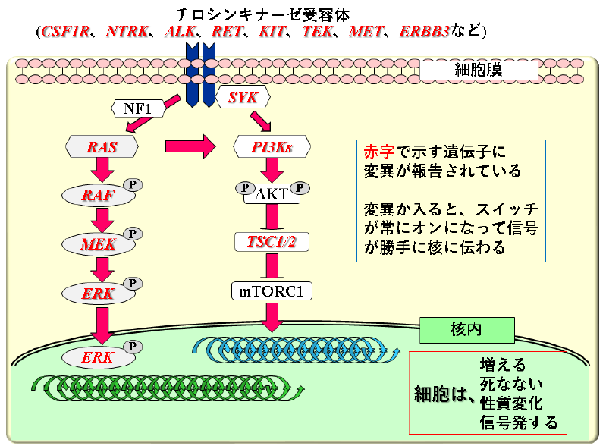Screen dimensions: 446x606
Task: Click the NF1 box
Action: point(138,109)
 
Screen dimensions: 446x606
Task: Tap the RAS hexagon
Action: point(102,147)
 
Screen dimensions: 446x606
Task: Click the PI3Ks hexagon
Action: point(272,147)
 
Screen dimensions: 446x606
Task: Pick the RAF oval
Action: point(99,195)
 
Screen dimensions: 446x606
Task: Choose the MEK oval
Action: point(99,243)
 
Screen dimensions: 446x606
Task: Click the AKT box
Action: point(272,194)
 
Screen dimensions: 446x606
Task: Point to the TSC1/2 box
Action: point(272,242)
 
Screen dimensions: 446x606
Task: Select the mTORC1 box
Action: point(272,291)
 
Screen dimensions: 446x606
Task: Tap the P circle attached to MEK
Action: point(133,234)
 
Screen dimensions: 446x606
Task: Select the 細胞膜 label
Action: point(479,71)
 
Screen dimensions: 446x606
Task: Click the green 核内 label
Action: point(466,329)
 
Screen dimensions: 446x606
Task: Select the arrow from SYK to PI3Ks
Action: point(260,121)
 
